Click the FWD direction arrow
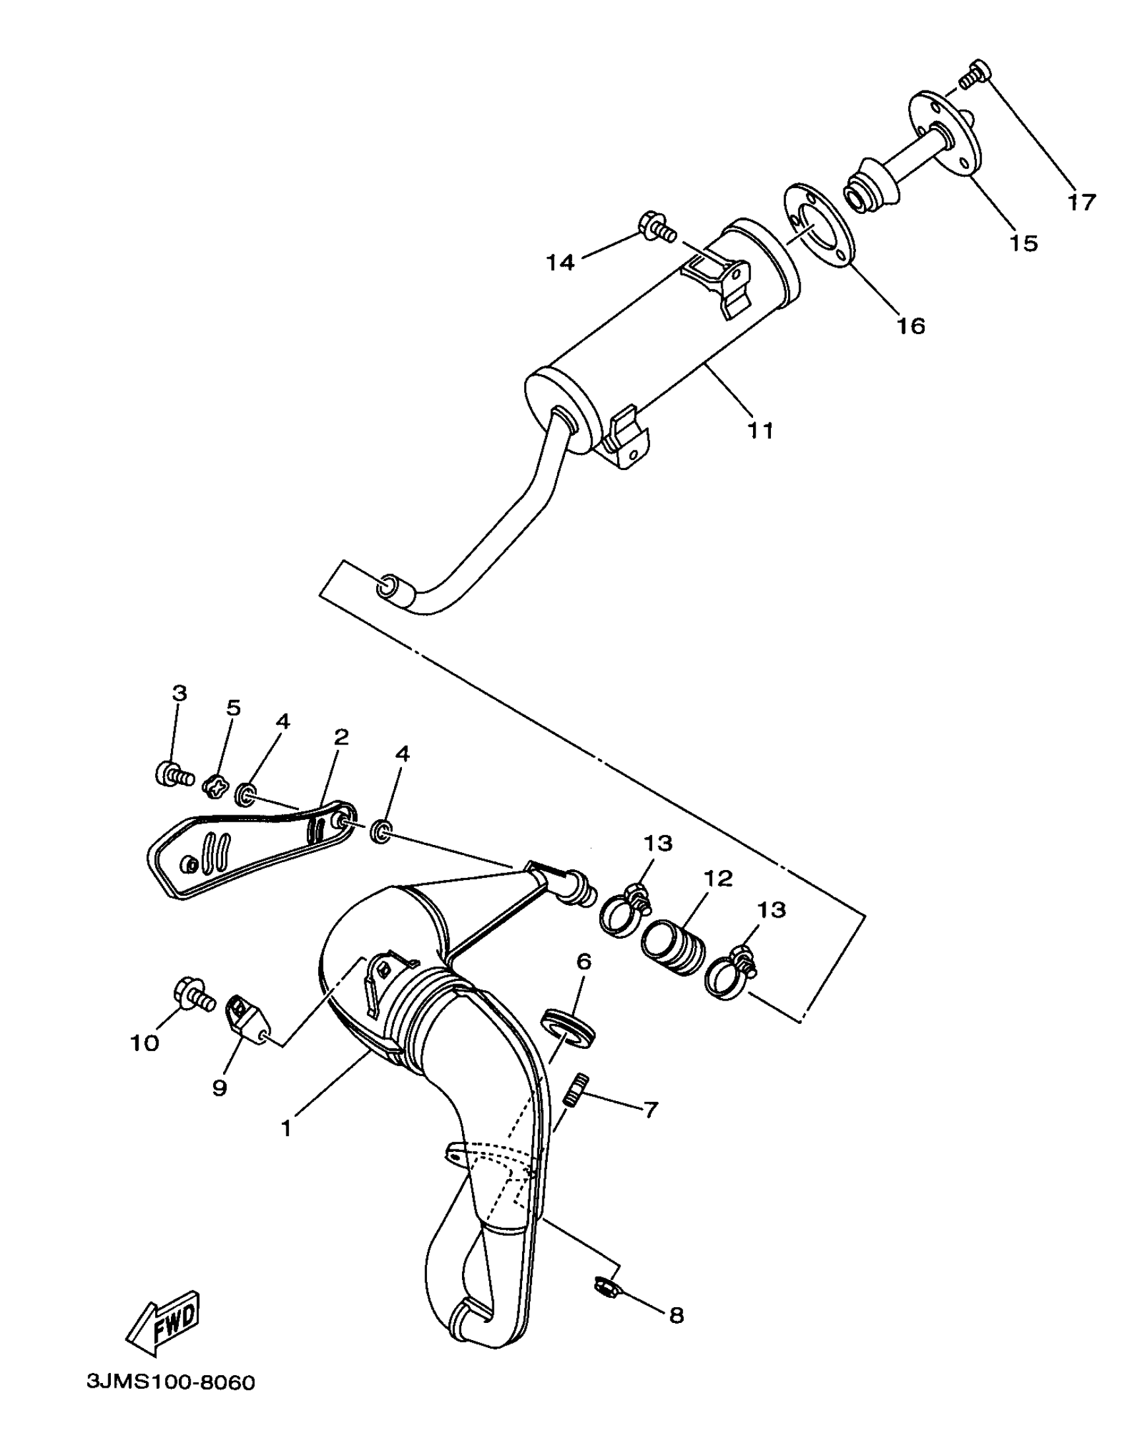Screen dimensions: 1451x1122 [x=164, y=1322]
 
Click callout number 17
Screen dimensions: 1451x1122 [x=1082, y=202]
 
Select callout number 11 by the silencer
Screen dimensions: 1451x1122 [x=760, y=430]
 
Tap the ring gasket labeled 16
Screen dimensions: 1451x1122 [x=818, y=226]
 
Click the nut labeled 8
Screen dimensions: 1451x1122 [x=606, y=1287]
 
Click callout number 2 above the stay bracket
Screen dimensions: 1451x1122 [x=341, y=736]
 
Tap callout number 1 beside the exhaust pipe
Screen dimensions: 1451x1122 [x=286, y=1128]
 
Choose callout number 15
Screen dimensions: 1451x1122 [x=1024, y=243]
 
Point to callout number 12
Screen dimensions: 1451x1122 [x=718, y=878]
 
